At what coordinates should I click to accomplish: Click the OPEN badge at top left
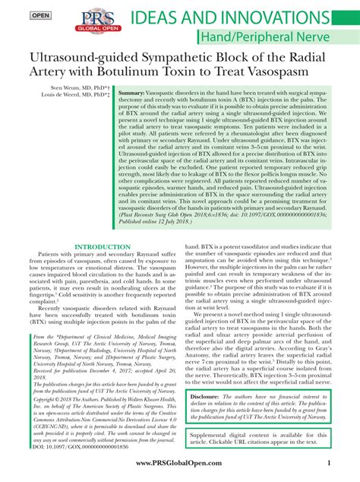19,15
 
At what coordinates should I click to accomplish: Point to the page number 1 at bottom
329,465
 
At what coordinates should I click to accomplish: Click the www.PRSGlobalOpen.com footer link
180,465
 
